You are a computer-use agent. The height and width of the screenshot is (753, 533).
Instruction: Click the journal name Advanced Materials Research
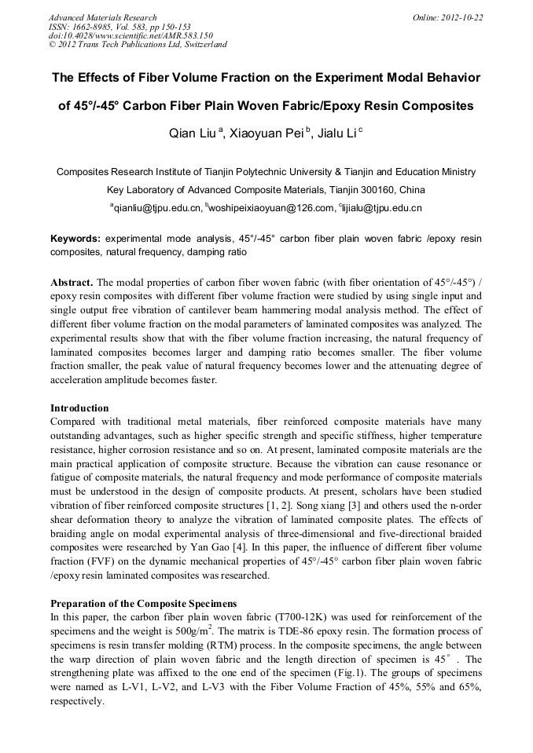[102, 17]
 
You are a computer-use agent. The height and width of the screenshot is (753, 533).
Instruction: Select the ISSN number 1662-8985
[93, 27]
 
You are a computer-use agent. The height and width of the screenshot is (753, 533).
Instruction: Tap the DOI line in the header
[130, 35]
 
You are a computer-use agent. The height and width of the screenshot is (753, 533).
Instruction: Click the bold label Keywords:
[75, 238]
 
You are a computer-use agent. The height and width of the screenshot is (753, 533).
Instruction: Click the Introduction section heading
[79, 408]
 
